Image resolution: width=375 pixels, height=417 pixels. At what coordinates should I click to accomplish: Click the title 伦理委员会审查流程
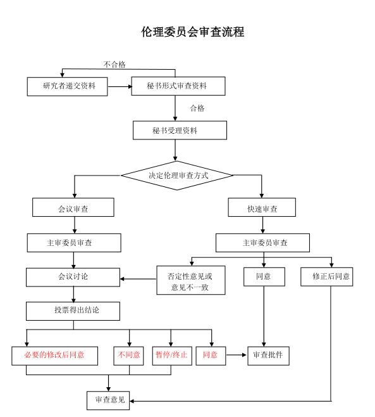coord(192,32)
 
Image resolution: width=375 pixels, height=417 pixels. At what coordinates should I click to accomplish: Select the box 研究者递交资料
coord(68,86)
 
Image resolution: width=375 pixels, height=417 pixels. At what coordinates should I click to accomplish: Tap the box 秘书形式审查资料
coord(178,86)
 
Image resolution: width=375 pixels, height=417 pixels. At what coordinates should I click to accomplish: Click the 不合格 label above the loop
coord(114,65)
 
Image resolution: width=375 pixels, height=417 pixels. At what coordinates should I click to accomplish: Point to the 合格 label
coord(197,108)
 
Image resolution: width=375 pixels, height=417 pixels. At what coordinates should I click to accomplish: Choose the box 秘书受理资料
coord(180,131)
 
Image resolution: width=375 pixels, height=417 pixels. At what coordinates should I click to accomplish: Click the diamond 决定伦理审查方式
coord(177,176)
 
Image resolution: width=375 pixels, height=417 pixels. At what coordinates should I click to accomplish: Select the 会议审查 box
coord(73,207)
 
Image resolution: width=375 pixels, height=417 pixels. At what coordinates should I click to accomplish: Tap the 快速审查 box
coord(262,207)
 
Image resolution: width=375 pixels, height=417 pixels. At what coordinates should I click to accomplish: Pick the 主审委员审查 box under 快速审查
coord(262,243)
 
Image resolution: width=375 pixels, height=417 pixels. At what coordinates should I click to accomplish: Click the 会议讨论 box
coord(73,278)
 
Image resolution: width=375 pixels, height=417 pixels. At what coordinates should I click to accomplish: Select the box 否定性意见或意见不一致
coord(191,280)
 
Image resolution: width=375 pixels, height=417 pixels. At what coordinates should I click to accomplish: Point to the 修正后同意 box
coord(327,277)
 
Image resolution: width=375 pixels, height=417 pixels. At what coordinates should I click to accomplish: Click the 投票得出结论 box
coord(73,311)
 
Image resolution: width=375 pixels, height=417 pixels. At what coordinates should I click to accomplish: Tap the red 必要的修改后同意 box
coord(54,356)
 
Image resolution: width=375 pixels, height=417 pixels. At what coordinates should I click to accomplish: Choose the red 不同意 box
coord(129,356)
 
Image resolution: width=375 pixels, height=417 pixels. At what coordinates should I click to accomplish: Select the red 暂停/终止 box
coord(172,356)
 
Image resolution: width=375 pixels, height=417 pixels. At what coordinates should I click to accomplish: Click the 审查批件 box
coord(269,356)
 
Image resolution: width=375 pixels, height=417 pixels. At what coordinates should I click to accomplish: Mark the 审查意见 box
coord(108,401)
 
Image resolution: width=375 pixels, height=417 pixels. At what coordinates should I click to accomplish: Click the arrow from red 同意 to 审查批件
coord(237,355)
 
